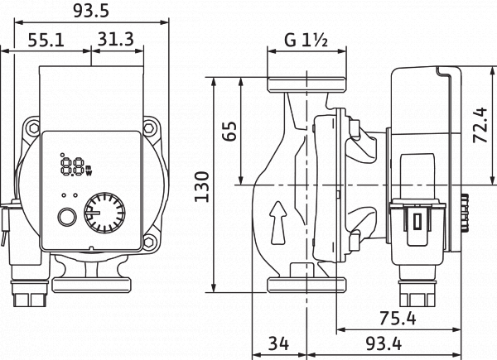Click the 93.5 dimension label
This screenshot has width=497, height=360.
point(92,11)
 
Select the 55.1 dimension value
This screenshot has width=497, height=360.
point(46,41)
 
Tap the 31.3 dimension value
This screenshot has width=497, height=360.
point(115,39)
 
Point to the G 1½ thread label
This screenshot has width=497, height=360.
point(306,41)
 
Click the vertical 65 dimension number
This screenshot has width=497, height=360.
point(229,131)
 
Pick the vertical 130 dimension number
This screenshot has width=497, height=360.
point(202,187)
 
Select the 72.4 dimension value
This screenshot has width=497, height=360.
point(480,125)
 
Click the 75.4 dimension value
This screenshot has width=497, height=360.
point(398,318)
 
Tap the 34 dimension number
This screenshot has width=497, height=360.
point(279,343)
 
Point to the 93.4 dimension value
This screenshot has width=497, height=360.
point(384,343)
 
